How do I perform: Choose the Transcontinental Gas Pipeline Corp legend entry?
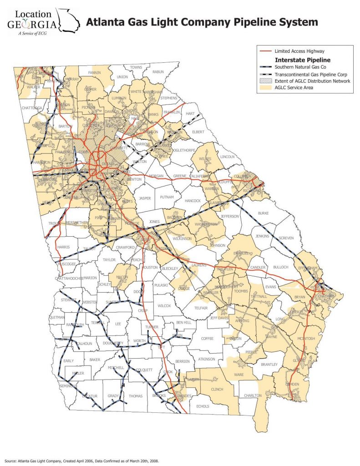coord(310,74)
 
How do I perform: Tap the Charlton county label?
coord(253,395)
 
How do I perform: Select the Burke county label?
coord(264,213)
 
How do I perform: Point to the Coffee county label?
coord(207,338)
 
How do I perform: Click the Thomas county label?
coord(136,396)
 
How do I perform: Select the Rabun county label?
coord(158,71)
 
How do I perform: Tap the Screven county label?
coord(286,238)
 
